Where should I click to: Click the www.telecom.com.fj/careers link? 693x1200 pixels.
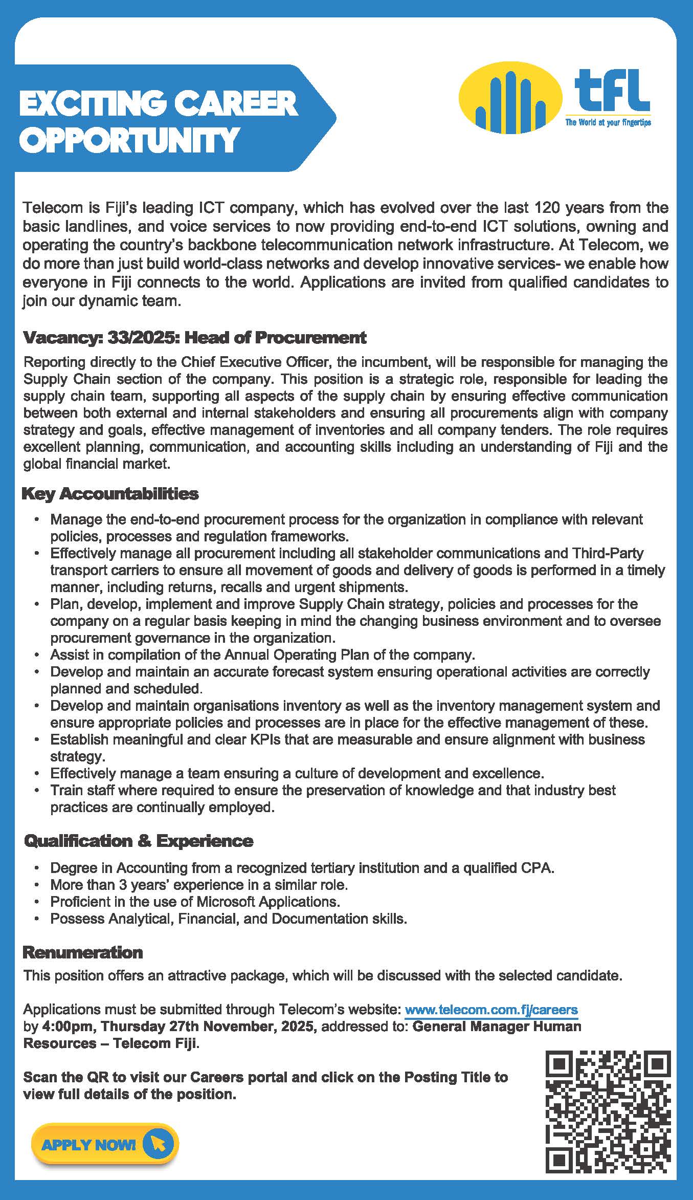point(491,1010)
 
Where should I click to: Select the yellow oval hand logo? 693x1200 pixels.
point(510,99)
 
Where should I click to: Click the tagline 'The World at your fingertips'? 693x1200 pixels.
point(608,123)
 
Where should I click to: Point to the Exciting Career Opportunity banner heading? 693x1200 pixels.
point(159,121)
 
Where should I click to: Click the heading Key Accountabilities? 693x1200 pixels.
point(110,494)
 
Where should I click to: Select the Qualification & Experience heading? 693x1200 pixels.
point(139,841)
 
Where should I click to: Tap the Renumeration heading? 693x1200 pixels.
point(83,952)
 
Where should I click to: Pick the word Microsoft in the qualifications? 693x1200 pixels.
point(226,902)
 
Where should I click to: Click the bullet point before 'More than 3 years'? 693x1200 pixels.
point(37,885)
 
